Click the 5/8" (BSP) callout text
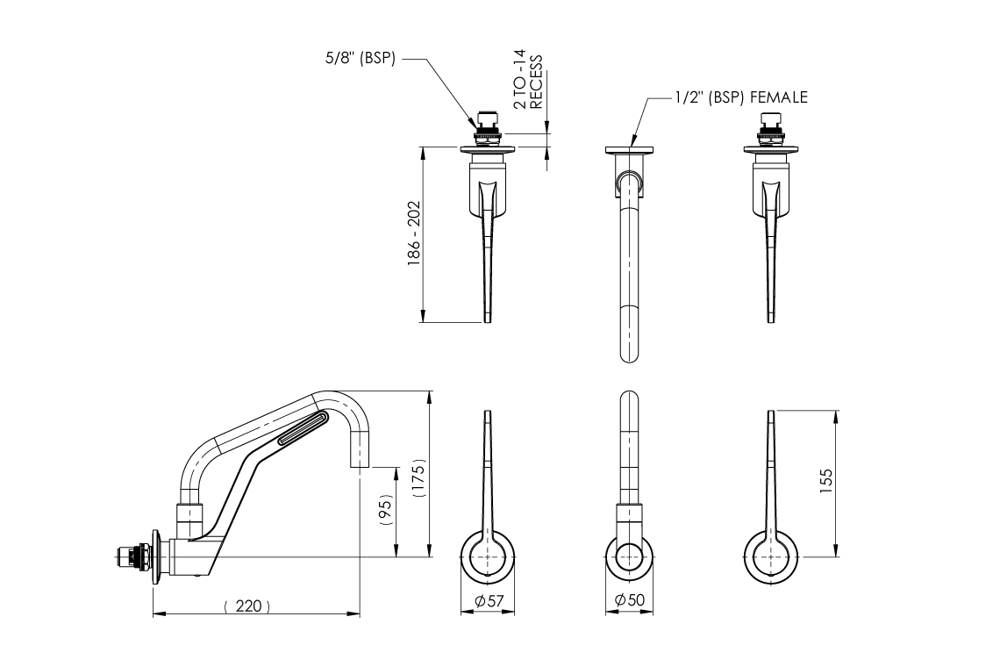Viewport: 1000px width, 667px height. [x=361, y=59]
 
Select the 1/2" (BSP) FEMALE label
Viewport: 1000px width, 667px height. [x=742, y=97]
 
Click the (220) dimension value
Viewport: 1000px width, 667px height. [x=246, y=605]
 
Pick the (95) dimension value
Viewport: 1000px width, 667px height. [x=387, y=510]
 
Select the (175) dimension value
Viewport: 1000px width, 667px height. [x=418, y=477]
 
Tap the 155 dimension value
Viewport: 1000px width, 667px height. [x=826, y=481]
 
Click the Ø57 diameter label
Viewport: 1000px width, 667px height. [x=489, y=600]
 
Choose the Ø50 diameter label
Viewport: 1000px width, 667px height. [x=630, y=600]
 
